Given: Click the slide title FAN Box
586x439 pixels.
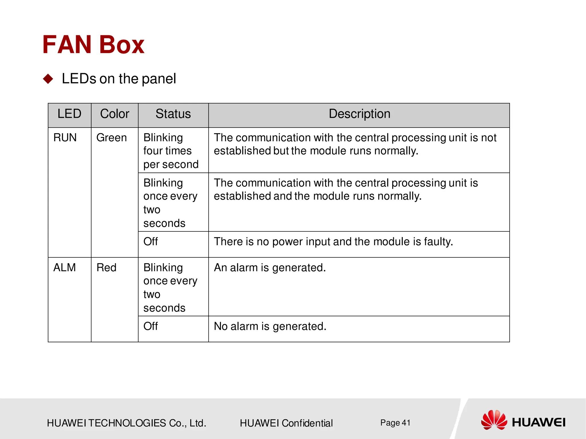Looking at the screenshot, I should coord(93,45).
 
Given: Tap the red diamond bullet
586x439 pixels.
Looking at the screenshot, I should coord(48,79).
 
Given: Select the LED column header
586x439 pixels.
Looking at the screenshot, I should coord(69,114).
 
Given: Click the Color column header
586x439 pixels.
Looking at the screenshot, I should coord(114,114).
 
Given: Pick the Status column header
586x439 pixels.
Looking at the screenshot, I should coord(173,114).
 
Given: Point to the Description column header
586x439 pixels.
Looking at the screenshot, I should coord(359,114).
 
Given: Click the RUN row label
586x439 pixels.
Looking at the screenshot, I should coord(65,138).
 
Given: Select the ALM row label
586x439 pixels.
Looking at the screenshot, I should coord(65,268).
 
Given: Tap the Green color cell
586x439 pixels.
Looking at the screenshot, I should coord(111,138).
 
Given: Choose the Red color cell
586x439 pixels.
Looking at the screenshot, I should coord(106,268).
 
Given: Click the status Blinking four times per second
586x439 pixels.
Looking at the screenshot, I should coord(171,151).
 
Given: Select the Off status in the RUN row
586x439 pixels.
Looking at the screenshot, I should coord(151,242).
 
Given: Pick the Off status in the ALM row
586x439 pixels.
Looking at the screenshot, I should coord(151,326).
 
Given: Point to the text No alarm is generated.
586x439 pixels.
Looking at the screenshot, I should coord(270,326).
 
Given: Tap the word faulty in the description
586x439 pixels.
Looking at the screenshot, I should coord(438,242).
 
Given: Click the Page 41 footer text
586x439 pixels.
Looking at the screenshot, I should coord(395,423).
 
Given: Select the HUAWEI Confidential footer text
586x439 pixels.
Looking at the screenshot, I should coord(286,423).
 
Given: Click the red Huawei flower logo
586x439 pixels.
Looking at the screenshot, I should coord(494,420).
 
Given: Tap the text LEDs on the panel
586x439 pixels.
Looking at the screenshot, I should coord(119,79).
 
